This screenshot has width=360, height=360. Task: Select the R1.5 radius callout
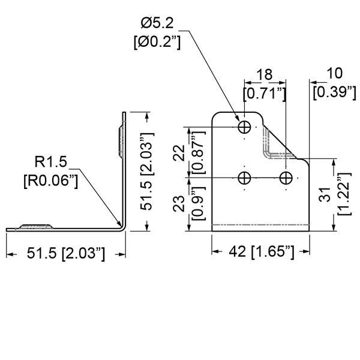tap(49, 161)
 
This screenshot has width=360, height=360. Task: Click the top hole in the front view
tap(245, 127)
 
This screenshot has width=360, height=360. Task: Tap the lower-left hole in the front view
tap(245, 178)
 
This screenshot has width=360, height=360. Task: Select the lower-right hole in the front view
tap(287, 178)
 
